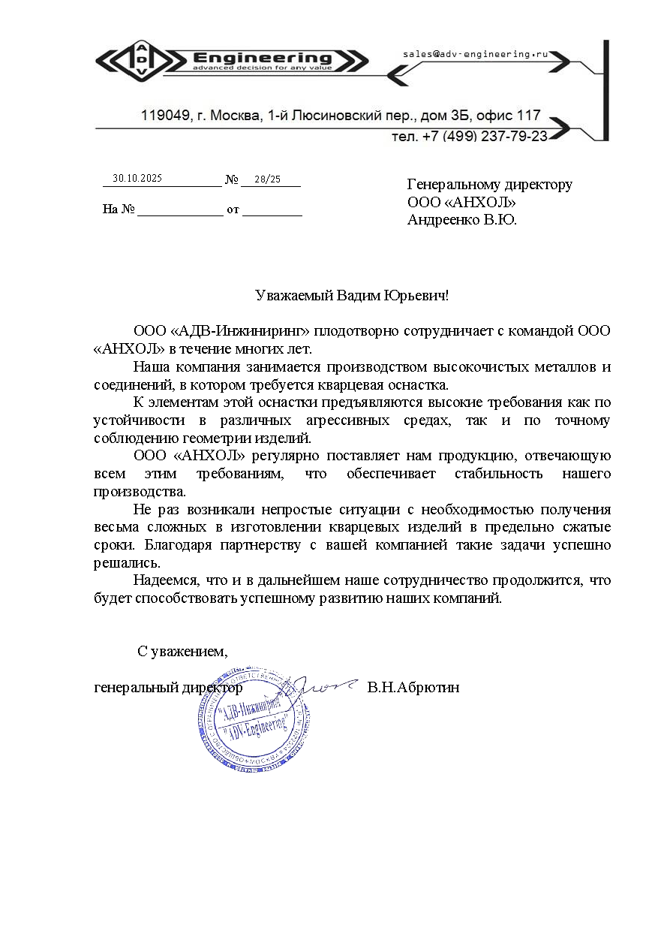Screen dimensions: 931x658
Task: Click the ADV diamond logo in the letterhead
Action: pos(142,59)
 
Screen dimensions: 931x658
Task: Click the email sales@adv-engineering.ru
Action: pos(475,55)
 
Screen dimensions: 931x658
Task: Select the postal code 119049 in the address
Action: pos(164,116)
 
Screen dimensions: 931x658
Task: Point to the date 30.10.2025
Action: pos(137,179)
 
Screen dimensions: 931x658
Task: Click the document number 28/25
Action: pos(267,179)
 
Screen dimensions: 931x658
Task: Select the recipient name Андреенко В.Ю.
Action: pos(462,220)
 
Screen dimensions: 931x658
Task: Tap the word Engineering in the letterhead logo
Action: pos(262,58)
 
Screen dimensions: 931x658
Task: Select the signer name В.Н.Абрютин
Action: pos(413,687)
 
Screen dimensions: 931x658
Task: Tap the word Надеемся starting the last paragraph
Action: pos(164,580)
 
